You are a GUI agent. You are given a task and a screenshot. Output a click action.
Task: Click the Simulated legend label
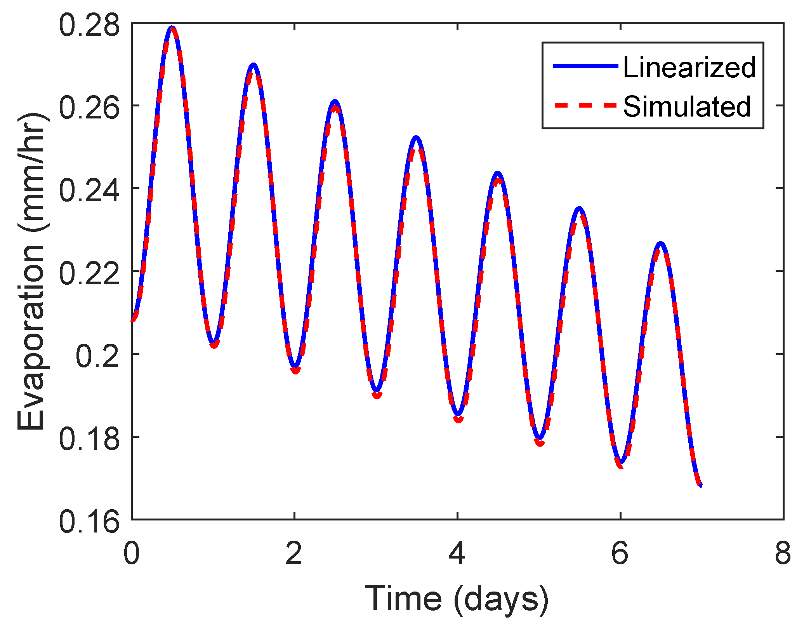[687, 106]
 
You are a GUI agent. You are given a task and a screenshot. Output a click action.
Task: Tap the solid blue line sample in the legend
[585, 66]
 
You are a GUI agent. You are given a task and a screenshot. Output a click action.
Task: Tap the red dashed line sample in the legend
[585, 105]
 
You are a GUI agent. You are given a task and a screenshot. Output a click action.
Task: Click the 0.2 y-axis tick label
[97, 357]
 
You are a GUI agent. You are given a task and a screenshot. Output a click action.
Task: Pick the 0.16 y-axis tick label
[89, 522]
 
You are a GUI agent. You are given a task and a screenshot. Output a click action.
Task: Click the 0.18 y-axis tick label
[89, 440]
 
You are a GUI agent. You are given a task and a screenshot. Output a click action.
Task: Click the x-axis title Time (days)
[457, 599]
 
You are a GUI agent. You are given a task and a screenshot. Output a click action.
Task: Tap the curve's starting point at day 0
[133, 320]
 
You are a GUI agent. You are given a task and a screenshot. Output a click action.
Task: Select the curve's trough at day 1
[214, 343]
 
